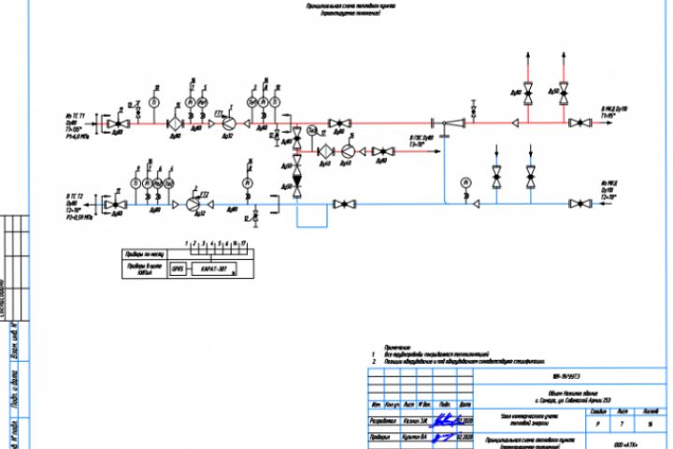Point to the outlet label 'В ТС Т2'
(x=75, y=197)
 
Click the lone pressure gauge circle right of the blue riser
(x=465, y=182)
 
